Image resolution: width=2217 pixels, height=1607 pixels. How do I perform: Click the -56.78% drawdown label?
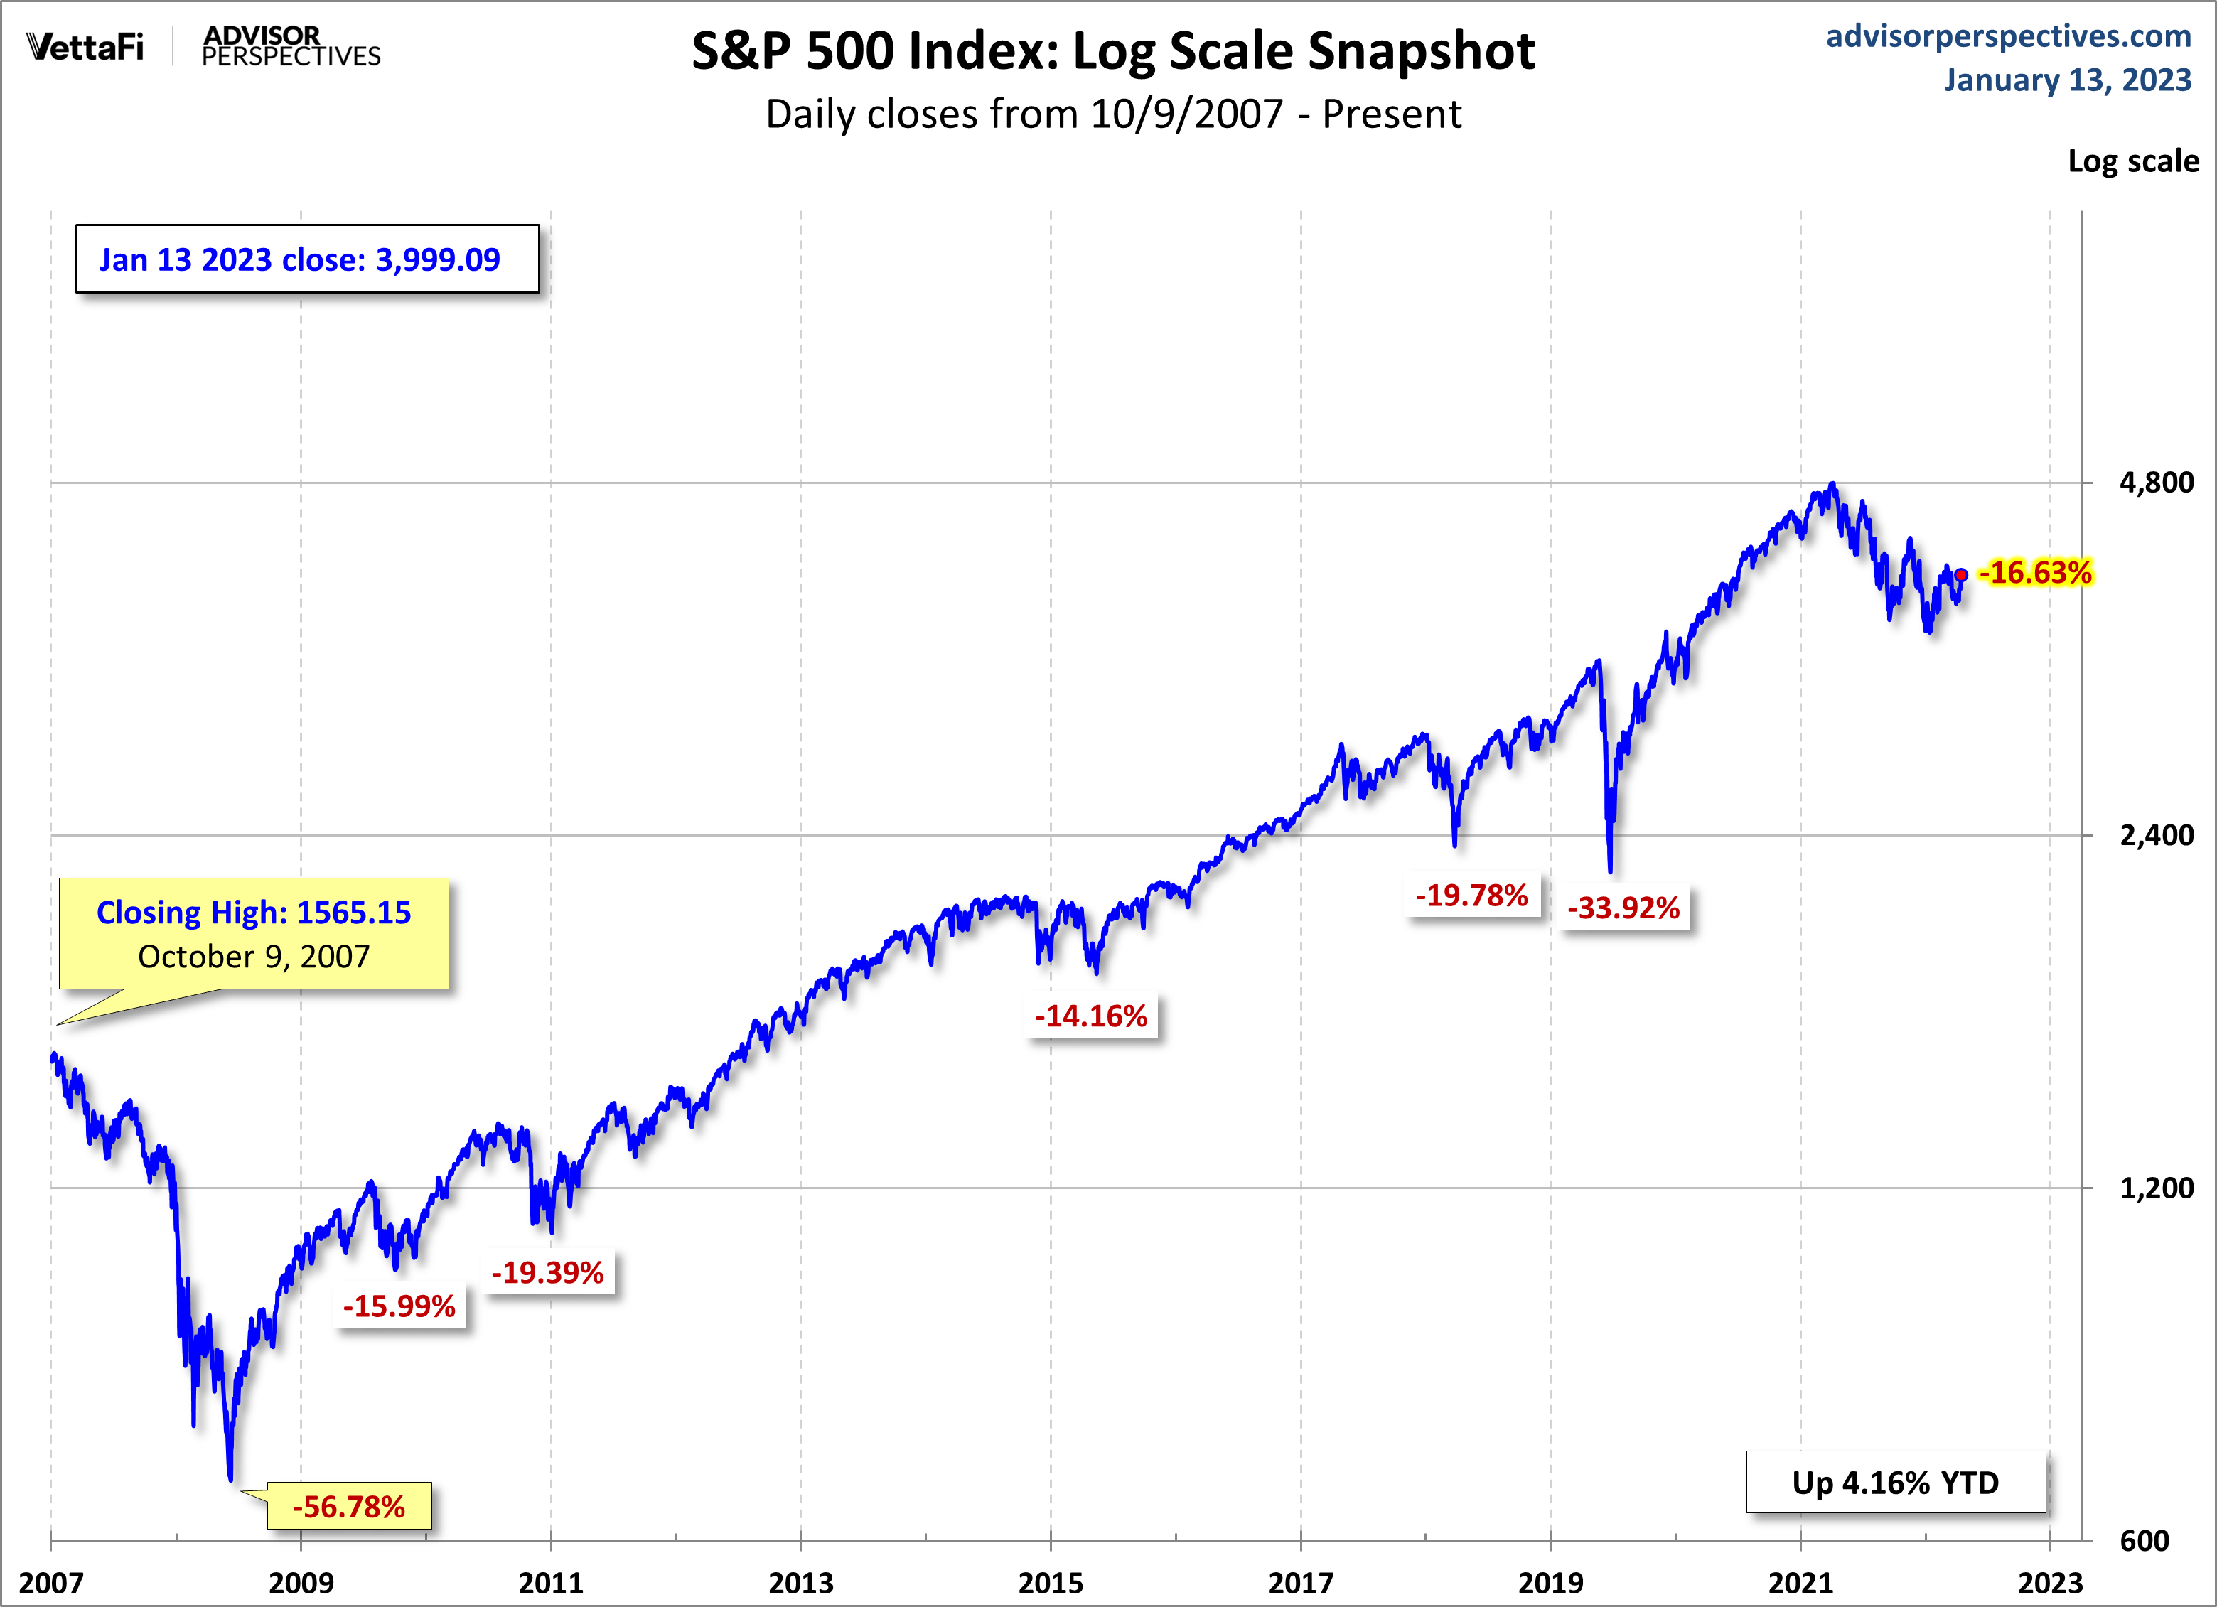click(x=349, y=1506)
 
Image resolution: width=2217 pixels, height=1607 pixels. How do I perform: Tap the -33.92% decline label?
click(x=1623, y=908)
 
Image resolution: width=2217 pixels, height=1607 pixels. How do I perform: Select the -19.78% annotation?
click(x=1471, y=896)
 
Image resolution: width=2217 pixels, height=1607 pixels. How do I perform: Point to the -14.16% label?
click(x=1091, y=1016)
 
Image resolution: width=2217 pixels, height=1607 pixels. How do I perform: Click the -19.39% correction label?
click(x=547, y=1273)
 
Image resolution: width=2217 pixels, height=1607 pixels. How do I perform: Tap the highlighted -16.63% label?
click(x=2035, y=573)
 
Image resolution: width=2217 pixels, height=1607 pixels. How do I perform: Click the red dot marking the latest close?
click(x=1961, y=575)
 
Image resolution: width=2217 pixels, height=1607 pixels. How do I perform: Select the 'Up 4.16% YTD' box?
click(x=1896, y=1483)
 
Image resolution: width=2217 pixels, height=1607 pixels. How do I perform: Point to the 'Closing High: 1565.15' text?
click(x=253, y=912)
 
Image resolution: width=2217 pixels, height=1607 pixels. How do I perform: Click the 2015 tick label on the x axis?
click(x=1051, y=1583)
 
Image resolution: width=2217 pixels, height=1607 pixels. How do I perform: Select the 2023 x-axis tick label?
click(x=2051, y=1583)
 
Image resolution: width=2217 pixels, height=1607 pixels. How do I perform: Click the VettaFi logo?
click(x=85, y=47)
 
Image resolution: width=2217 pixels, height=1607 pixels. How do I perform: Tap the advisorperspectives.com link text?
click(x=2009, y=36)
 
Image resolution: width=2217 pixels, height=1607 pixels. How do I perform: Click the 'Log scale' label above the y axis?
click(x=2133, y=161)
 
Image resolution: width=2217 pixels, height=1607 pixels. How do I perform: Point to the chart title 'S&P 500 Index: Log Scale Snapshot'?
click(x=1113, y=51)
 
